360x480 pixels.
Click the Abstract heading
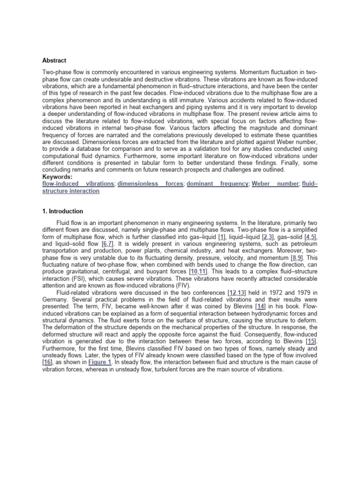click(x=54, y=60)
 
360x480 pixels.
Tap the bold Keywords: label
click(x=58, y=177)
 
